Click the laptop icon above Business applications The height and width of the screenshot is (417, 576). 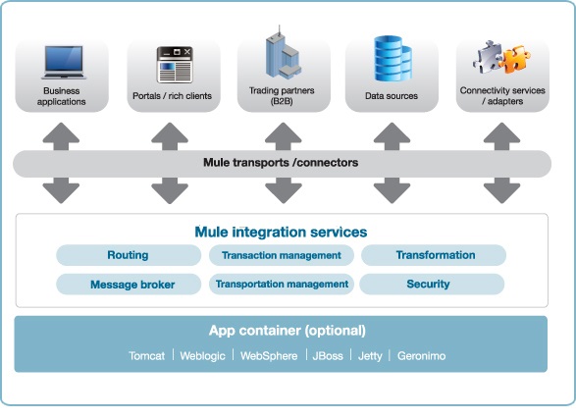coord(64,62)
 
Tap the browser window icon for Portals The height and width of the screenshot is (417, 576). coord(175,65)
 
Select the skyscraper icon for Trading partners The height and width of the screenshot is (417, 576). coord(283,52)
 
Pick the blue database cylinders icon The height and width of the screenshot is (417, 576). coord(393,59)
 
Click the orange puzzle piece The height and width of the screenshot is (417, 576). coord(516,59)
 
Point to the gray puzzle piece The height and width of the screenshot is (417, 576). coord(488,57)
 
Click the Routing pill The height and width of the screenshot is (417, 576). coord(129,255)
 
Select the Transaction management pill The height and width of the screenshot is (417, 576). coord(281,255)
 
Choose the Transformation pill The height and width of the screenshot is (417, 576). coord(434,255)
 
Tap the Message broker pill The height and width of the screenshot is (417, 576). coord(129,284)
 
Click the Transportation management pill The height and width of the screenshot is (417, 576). coord(281,284)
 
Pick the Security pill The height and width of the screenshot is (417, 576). coord(432,284)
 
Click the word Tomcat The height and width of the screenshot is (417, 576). coord(146,355)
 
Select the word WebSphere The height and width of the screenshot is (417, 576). coord(269,355)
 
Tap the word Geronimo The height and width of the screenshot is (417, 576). coord(421,356)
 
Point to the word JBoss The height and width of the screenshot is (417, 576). coord(328,355)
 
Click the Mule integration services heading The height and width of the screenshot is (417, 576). coord(281,232)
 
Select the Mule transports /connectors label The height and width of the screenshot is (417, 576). coord(281,163)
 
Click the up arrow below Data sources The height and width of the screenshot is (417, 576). coord(392,136)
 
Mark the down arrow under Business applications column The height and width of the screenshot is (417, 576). coord(61,190)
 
